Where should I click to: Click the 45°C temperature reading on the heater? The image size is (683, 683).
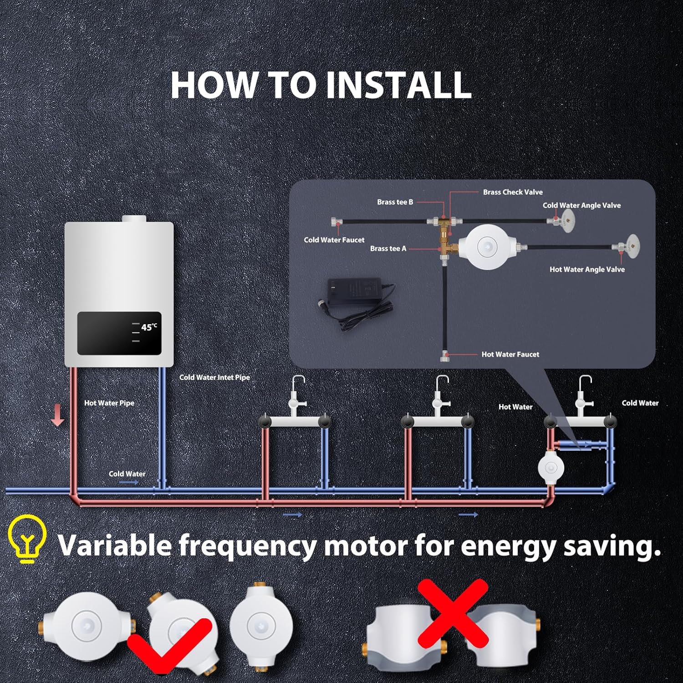(x=148, y=327)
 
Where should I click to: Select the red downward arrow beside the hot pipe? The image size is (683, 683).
(x=57, y=416)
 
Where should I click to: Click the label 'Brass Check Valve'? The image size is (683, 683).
(x=513, y=192)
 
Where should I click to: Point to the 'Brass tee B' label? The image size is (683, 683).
(x=395, y=202)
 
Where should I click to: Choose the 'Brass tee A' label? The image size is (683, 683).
(x=388, y=249)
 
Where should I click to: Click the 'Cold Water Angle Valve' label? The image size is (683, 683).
(x=581, y=205)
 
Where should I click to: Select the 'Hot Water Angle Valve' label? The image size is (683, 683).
(x=587, y=270)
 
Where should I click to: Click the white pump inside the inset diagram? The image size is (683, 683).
(x=486, y=246)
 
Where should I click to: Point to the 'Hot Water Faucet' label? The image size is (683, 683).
(x=510, y=354)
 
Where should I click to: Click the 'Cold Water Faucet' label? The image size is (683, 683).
(x=334, y=240)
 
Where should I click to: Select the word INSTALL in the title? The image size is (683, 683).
(x=398, y=85)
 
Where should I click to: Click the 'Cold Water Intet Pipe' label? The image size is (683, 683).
(x=214, y=377)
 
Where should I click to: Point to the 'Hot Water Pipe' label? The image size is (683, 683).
(x=109, y=403)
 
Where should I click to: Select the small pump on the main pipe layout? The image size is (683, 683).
(x=551, y=467)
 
